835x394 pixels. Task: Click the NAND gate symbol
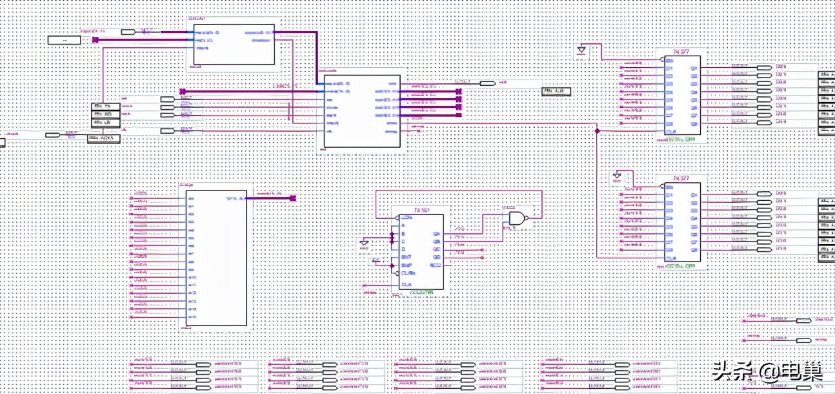click(x=518, y=218)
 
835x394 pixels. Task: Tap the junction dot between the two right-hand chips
click(x=597, y=130)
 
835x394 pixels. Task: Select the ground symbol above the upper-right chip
click(x=581, y=49)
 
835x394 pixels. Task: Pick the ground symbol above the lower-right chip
click(x=618, y=176)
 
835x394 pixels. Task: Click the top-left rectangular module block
click(x=234, y=45)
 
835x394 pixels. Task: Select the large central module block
click(x=361, y=112)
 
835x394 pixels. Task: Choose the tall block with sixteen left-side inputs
click(x=216, y=258)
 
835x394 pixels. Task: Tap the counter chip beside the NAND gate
click(x=421, y=252)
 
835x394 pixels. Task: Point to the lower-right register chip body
click(x=682, y=222)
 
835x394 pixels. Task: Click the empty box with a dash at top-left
click(x=65, y=40)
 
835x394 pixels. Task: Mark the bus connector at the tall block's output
click(x=292, y=198)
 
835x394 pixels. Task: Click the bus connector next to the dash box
click(x=96, y=40)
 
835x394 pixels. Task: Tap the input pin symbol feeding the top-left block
click(x=128, y=31)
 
